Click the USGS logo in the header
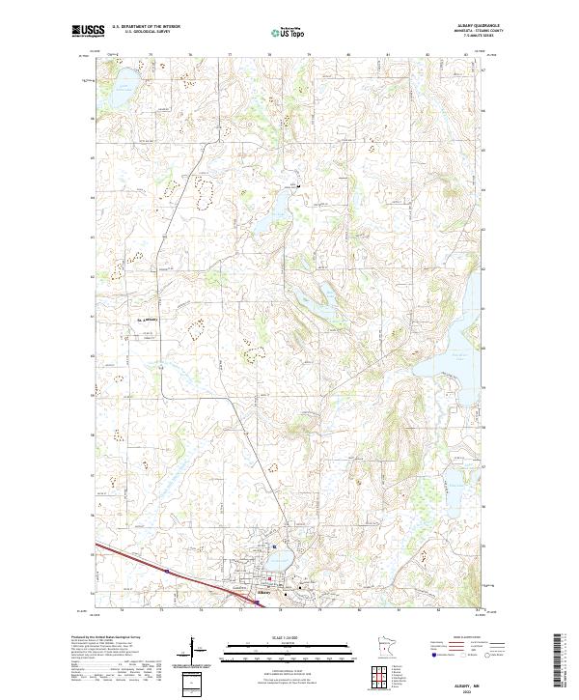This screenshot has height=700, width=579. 89,32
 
